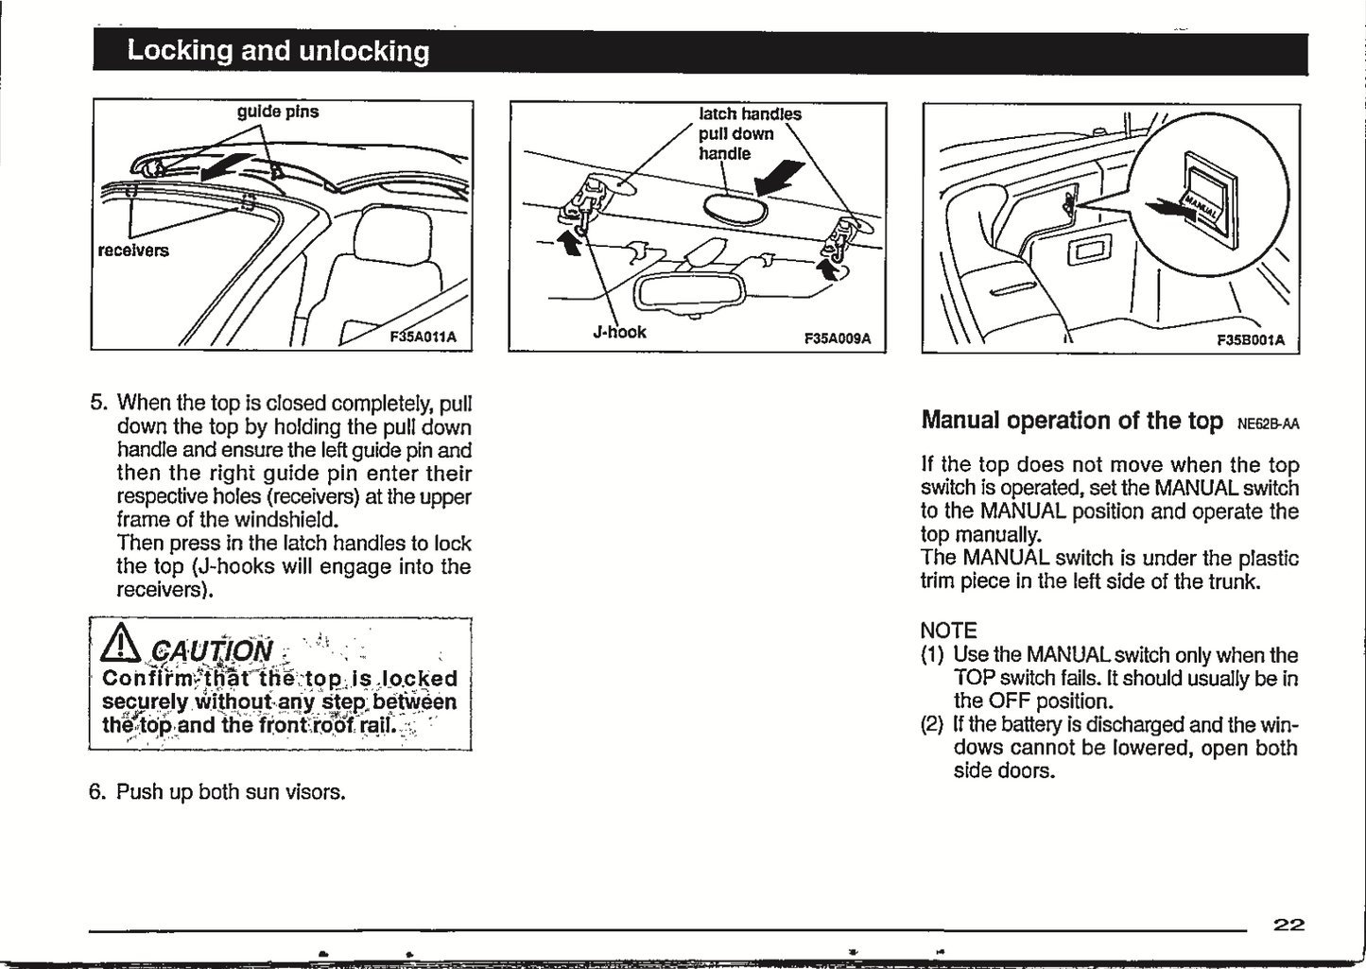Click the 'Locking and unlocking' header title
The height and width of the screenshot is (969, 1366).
(278, 51)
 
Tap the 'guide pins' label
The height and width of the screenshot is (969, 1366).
(277, 112)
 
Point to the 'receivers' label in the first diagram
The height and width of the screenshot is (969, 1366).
(133, 251)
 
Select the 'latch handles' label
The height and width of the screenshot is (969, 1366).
(750, 114)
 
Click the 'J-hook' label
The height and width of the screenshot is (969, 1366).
(619, 332)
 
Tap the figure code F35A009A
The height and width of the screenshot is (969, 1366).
(837, 337)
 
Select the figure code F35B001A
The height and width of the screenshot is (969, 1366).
(1250, 340)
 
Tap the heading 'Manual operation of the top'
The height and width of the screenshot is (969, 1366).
(1071, 420)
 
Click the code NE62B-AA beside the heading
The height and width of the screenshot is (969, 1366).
(1268, 424)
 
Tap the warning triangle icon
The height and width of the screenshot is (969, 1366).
(126, 647)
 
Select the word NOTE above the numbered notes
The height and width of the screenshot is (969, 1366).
(948, 631)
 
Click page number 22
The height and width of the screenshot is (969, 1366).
(1288, 926)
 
